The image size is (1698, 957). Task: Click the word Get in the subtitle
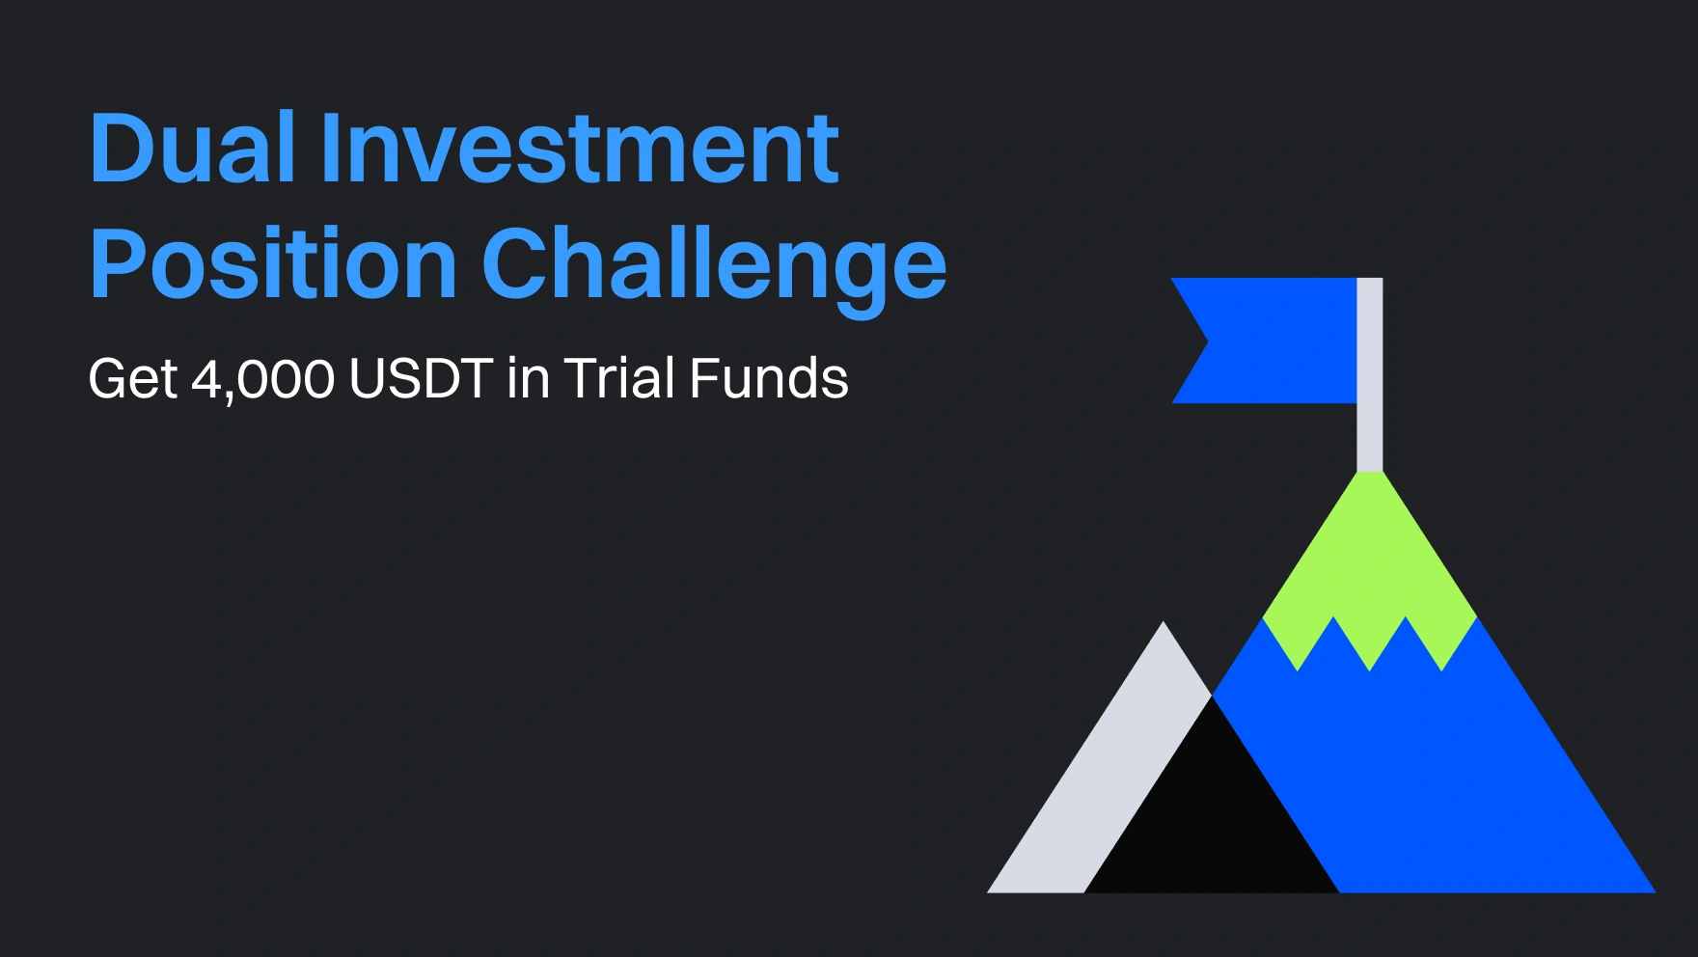tap(133, 378)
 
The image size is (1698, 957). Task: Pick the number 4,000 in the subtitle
tap(262, 379)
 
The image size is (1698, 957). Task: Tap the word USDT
tap(421, 378)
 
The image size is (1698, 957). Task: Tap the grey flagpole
tap(1370, 374)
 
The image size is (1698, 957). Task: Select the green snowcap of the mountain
tap(1370, 569)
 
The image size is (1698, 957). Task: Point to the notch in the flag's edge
tap(1208, 341)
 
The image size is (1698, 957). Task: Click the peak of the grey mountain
tap(1164, 621)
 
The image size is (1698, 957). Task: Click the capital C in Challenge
tap(516, 262)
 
